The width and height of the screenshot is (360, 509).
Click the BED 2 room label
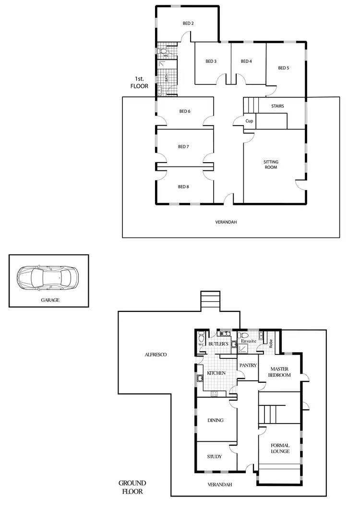click(188, 23)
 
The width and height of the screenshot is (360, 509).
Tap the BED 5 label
click(284, 68)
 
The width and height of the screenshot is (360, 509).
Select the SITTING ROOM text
click(271, 165)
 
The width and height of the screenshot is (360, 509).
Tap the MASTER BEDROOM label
click(279, 372)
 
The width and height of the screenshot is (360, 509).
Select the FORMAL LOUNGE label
click(280, 448)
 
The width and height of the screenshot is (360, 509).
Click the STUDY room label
click(214, 456)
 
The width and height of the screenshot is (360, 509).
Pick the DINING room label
click(215, 420)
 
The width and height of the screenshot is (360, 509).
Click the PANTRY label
click(248, 365)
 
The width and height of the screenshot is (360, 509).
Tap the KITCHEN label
click(216, 373)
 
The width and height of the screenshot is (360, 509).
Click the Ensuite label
click(249, 341)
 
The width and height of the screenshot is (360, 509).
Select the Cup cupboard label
click(249, 121)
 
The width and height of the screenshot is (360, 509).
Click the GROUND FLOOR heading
click(132, 487)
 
